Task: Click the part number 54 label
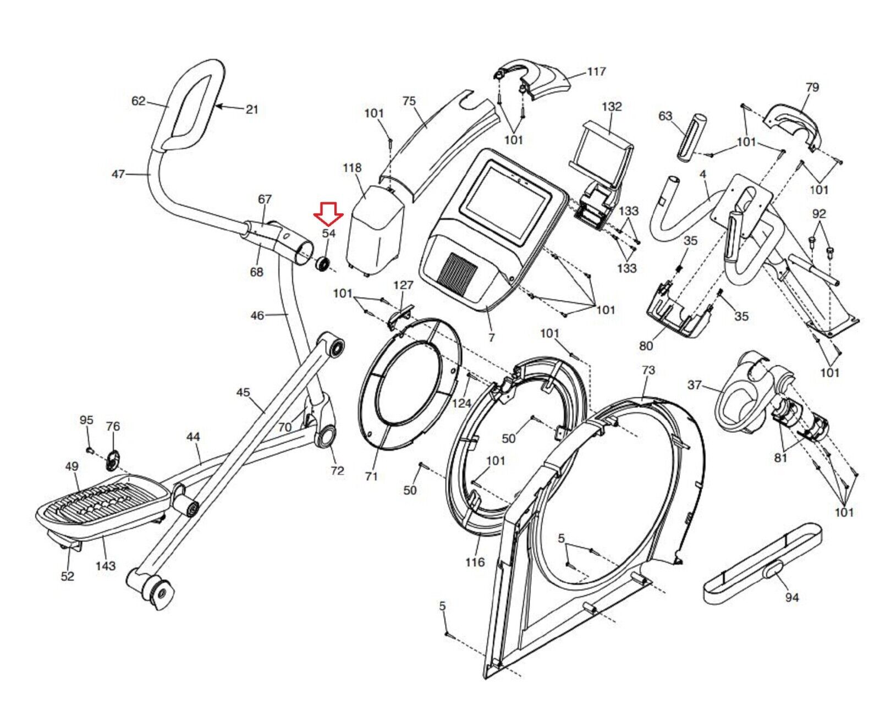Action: coord(328,234)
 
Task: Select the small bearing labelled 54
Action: coord(322,263)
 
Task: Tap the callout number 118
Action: coord(352,168)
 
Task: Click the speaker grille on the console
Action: coord(459,272)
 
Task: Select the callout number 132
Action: coord(612,107)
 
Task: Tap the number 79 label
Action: coord(812,87)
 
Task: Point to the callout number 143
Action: coord(106,565)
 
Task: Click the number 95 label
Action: coord(86,420)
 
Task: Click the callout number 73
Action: coord(648,370)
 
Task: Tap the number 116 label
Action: coord(475,562)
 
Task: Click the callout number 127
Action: coord(403,285)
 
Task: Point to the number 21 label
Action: coord(251,109)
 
